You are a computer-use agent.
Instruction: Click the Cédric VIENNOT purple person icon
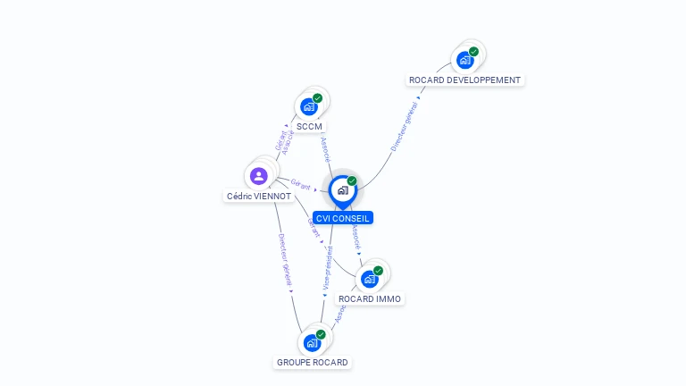(x=259, y=175)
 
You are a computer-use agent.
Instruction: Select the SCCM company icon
(x=309, y=106)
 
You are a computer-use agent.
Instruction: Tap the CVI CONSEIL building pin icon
(x=342, y=190)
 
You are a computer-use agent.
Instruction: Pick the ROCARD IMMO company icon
(x=370, y=279)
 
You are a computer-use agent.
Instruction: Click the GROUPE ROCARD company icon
(x=312, y=342)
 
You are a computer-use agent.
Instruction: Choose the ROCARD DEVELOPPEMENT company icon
(x=464, y=60)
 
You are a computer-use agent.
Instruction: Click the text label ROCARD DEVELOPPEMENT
(x=464, y=80)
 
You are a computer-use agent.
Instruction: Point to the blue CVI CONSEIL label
(x=343, y=218)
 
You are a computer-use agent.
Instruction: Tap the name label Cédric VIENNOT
(x=259, y=196)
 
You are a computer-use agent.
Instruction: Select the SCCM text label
(x=309, y=127)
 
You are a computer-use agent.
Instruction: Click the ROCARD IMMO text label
(x=370, y=298)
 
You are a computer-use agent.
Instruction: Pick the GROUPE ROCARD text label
(x=313, y=363)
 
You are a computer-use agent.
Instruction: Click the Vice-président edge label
(x=328, y=268)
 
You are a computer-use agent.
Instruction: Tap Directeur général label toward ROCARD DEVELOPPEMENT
(x=404, y=126)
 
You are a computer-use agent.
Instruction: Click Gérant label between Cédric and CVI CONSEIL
(x=300, y=184)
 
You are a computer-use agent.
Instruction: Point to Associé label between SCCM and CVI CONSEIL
(x=325, y=150)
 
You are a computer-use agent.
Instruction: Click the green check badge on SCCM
(x=317, y=98)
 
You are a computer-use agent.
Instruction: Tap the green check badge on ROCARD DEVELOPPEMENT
(x=473, y=52)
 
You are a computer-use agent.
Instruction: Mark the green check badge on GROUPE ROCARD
(x=321, y=334)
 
